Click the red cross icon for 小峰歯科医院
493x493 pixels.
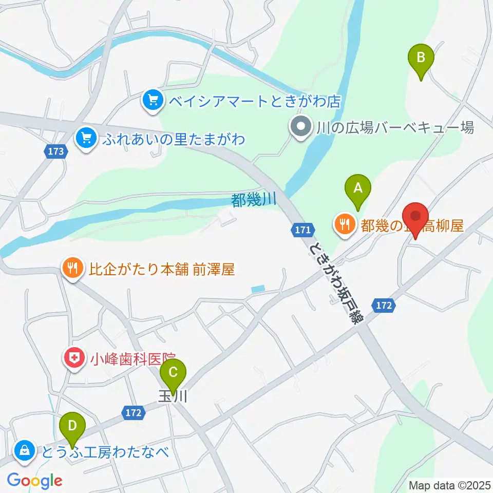tap(73, 358)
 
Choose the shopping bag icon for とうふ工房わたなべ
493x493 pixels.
tap(24, 451)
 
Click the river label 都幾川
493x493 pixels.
tap(254, 200)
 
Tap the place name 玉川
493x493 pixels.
tap(169, 396)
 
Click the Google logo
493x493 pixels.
tap(35, 481)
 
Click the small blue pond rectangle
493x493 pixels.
tap(258, 289)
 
